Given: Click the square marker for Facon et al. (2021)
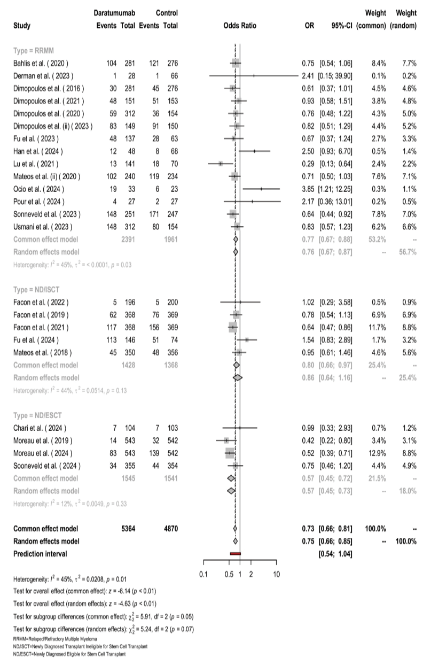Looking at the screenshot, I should tap(232, 327).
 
